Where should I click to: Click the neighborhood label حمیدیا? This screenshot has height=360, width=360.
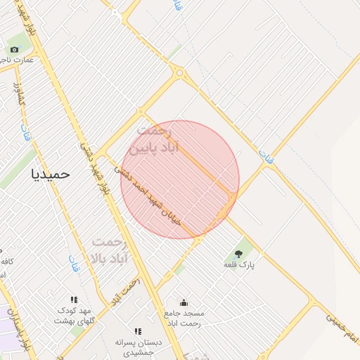pos(51,174)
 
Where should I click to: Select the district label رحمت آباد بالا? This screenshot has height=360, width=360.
pos(110,250)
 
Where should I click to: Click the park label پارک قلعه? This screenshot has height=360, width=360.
pos(239,264)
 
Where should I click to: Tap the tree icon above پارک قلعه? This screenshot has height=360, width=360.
pos(239,253)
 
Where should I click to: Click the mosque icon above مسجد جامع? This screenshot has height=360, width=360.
pos(184,302)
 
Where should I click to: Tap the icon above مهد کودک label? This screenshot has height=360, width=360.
pos(75,300)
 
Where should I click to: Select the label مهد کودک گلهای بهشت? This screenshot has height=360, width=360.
pos(75,315)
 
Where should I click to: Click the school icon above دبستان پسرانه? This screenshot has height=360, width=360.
pos(139,331)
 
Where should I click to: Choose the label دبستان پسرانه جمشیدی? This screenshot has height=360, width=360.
pos(139,345)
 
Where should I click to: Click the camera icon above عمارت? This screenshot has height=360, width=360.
pos(14,49)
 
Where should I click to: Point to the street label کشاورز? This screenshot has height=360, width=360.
pos(19,95)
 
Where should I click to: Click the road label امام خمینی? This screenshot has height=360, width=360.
pos(342,328)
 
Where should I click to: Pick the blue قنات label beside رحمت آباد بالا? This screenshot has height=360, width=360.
pos(74,264)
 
